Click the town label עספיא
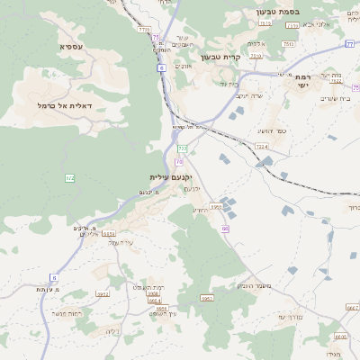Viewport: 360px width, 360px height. pos(72,46)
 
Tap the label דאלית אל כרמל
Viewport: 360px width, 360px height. pos(72,105)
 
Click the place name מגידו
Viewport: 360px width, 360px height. pos(335,357)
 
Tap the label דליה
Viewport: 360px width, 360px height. pos(112,331)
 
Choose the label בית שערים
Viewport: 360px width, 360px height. pos(333,98)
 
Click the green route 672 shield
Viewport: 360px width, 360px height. pos(70,179)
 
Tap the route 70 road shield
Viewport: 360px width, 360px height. pos(179,162)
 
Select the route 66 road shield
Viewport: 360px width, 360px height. pos(226,229)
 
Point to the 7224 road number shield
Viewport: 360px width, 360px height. pos(262,146)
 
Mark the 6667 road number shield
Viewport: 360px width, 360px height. pos(352,307)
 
